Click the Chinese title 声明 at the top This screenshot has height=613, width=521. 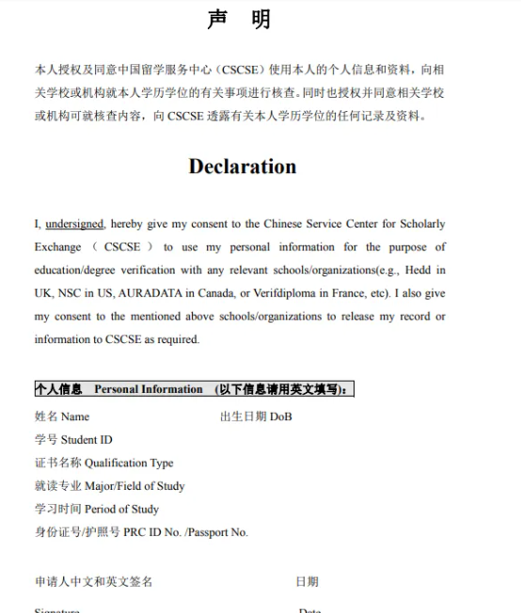[239, 20]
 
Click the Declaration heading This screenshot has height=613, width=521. [242, 166]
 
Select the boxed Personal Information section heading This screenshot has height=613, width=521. [194, 389]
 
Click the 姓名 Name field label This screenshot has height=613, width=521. [62, 417]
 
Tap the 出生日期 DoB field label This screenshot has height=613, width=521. [256, 417]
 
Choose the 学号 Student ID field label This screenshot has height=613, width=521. [73, 440]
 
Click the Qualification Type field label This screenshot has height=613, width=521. [103, 463]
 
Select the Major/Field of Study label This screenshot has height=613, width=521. [109, 486]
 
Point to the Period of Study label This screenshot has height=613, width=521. [97, 510]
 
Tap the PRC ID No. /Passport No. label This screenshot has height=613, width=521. [141, 532]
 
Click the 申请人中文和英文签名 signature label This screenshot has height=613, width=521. [93, 582]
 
